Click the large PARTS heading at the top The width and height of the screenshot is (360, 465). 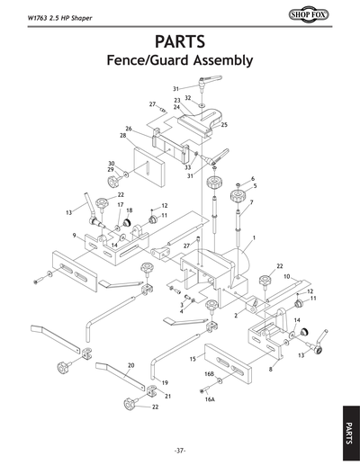coord(180,41)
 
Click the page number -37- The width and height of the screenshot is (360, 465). coord(180,450)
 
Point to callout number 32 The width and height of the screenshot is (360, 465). coord(187,97)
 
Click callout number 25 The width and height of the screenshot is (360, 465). coord(224,124)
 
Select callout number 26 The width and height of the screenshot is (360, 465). coord(129,129)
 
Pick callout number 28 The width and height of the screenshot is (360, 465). coord(122,136)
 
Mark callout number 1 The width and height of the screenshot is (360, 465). coord(255,237)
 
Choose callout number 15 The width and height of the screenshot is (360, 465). coord(193,359)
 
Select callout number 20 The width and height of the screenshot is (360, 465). coord(131,366)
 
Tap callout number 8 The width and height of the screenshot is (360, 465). coord(269,369)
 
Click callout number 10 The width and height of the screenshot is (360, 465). coord(286,276)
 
